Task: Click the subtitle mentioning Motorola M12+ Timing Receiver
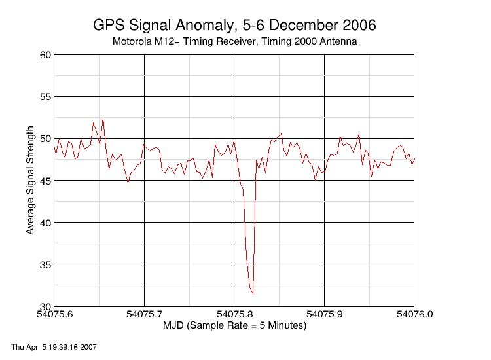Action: pyautogui.click(x=234, y=42)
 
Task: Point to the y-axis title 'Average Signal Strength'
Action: pyautogui.click(x=30, y=181)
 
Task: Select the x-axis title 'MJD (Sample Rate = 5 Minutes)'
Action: pyautogui.click(x=234, y=325)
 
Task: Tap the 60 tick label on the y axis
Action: pyautogui.click(x=45, y=55)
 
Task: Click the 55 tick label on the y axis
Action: pyautogui.click(x=45, y=97)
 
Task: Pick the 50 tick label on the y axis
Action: pyautogui.click(x=45, y=139)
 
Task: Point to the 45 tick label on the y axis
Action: pyautogui.click(x=45, y=181)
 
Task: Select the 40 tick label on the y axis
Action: pyautogui.click(x=45, y=223)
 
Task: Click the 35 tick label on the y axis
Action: pyautogui.click(x=45, y=264)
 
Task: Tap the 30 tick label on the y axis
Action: pyautogui.click(x=45, y=306)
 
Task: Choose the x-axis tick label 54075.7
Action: pyautogui.click(x=144, y=314)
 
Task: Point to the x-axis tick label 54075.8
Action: pyautogui.click(x=234, y=314)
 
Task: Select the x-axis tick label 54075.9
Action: pyautogui.click(x=324, y=314)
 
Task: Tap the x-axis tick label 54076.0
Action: pyautogui.click(x=414, y=314)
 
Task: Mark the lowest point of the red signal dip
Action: pyautogui.click(x=253, y=294)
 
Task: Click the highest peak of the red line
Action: pyautogui.click(x=103, y=118)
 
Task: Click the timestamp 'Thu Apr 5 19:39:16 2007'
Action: pyautogui.click(x=54, y=346)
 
